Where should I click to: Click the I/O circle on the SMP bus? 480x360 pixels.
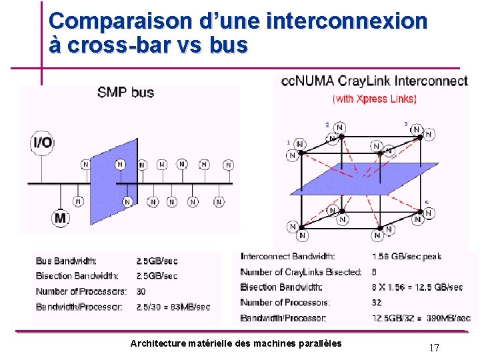(42, 142)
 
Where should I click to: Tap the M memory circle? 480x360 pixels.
(61, 217)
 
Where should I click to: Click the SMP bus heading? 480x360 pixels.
(126, 93)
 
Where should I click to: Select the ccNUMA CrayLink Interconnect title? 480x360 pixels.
(374, 82)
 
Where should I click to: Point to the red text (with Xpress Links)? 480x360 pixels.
(375, 99)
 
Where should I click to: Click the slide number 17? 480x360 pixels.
(434, 347)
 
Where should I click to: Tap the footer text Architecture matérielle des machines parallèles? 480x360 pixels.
(236, 343)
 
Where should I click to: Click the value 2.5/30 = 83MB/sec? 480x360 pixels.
(173, 307)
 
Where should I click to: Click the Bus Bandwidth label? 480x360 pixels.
(66, 261)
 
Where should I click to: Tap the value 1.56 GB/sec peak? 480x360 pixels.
(406, 256)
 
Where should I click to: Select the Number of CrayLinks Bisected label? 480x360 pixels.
(301, 272)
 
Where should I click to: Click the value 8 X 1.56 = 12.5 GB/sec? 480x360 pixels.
(417, 287)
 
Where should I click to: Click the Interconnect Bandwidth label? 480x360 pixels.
(287, 256)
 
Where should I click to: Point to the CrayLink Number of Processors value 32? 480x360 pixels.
(378, 303)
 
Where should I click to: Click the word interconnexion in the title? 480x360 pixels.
(346, 21)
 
